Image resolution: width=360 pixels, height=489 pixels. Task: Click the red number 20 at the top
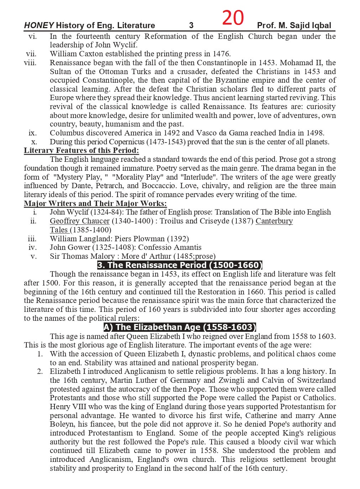click(233, 18)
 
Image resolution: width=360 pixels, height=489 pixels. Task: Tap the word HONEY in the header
click(39, 25)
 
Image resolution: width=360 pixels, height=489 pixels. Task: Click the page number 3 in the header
click(191, 25)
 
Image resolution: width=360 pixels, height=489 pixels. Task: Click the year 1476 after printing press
click(221, 54)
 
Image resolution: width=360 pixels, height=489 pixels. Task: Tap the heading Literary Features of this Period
click(82, 150)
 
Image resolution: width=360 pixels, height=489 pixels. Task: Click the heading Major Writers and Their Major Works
click(95, 204)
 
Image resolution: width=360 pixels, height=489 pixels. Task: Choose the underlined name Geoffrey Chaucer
click(79, 221)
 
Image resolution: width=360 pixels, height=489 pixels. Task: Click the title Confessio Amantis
click(170, 247)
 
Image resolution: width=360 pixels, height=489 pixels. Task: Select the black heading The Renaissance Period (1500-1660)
click(180, 265)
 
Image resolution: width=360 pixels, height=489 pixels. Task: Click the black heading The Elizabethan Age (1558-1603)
click(180, 327)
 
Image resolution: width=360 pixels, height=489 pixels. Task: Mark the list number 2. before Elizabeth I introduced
click(40, 371)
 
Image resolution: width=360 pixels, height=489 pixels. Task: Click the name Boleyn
click(62, 424)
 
